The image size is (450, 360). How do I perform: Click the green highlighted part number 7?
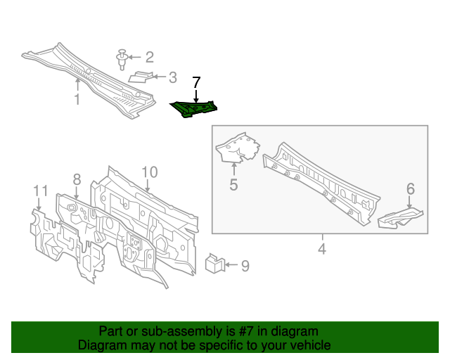pos(194,109)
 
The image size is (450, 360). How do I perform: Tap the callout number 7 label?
pos(196,83)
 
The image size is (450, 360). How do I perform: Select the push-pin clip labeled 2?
pos(122,60)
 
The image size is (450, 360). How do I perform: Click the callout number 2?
pos(150,57)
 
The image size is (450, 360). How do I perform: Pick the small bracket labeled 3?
pos(141,77)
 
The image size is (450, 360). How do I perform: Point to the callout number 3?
pos(172,77)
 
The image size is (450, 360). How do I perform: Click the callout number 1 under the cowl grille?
pos(77,99)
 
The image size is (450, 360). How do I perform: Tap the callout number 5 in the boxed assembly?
pos(233,184)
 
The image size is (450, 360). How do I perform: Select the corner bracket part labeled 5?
pos(237,148)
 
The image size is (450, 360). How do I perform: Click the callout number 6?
pos(411,188)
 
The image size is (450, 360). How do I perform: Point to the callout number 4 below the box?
pos(322,249)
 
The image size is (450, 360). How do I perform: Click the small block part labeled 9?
pos(214,264)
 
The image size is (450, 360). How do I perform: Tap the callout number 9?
pos(245,266)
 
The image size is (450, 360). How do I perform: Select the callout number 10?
pos(150,172)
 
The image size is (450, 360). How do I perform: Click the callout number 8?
pos(77,180)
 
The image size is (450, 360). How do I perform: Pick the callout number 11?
pos(41,191)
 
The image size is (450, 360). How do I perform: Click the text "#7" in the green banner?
pos(245,331)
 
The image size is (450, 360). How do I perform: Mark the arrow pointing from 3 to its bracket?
pos(160,77)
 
